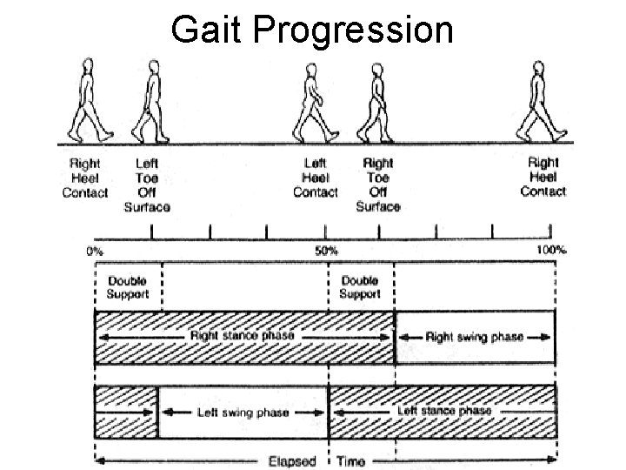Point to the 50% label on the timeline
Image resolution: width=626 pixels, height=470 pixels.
pos(327,252)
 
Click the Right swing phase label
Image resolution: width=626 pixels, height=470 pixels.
pos(475,337)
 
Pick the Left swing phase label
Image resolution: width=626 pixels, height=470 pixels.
pos(242,411)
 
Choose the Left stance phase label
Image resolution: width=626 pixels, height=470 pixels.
pos(444,410)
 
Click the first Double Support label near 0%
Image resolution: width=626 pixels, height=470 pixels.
pos(128,287)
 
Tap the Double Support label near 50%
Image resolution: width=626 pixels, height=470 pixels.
pos(360,287)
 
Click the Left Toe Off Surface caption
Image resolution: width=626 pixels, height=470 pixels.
pos(147,185)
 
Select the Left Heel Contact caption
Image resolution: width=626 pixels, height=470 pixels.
pos(315,178)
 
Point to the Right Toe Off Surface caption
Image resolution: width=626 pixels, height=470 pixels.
pos(378,185)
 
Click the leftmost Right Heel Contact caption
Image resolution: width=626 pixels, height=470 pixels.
pos(85,178)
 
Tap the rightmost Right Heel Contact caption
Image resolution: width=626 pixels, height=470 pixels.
pos(543,177)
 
